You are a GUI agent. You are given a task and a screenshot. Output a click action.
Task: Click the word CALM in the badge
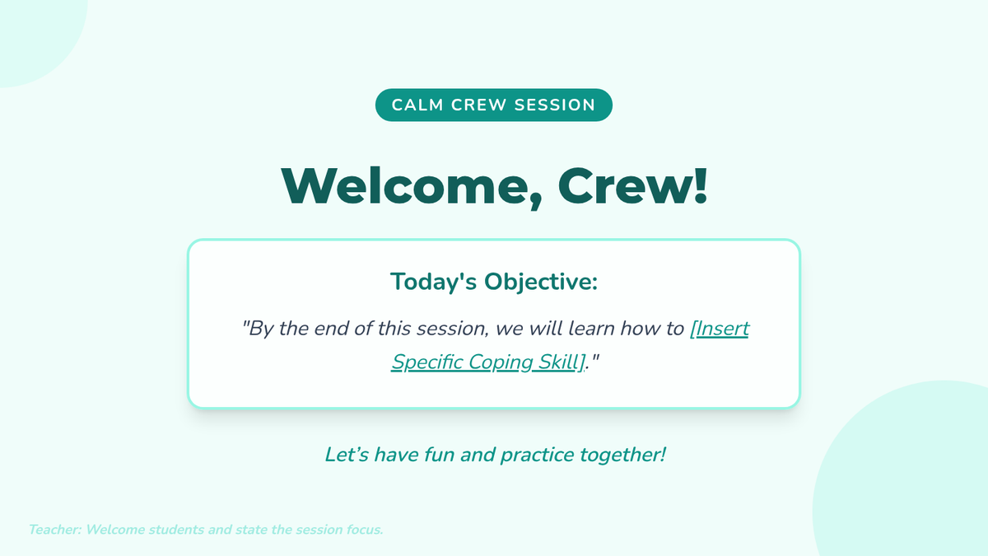click(x=417, y=105)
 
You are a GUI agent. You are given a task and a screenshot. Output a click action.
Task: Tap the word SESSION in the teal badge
click(x=555, y=105)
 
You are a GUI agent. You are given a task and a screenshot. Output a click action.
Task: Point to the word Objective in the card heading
click(x=541, y=282)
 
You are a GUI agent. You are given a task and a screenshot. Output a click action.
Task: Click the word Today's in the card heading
click(x=434, y=282)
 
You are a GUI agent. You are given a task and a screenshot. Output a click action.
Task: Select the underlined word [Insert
click(x=720, y=329)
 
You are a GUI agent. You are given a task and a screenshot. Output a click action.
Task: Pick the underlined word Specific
click(x=427, y=362)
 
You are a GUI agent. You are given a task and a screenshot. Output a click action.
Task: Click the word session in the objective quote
click(x=453, y=329)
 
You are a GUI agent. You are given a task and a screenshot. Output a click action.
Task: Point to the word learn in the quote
click(x=591, y=329)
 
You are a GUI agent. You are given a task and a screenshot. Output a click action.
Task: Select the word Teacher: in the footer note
click(x=55, y=530)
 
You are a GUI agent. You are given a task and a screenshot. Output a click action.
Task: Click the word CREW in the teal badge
click(x=478, y=105)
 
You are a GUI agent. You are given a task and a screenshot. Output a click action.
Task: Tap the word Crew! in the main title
click(x=633, y=186)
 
